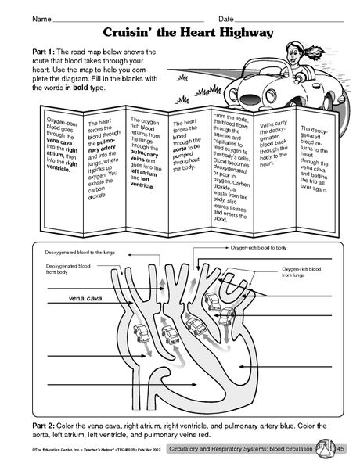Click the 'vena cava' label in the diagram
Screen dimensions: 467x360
[x=63, y=298]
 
